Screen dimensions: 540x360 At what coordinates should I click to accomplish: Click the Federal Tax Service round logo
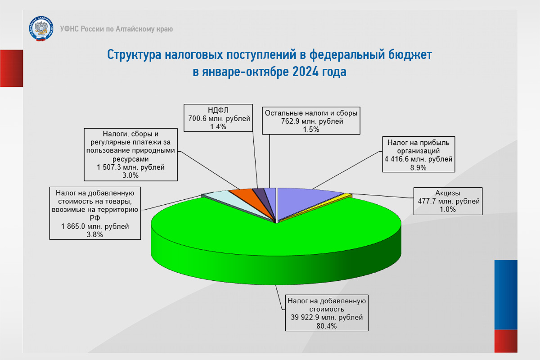tap(41, 28)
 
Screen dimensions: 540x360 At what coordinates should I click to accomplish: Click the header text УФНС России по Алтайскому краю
tap(117, 29)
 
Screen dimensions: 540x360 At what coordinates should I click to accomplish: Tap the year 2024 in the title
tap(306, 72)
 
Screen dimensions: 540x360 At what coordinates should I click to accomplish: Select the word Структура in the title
tap(134, 54)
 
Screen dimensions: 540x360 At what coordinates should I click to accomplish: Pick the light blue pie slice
tap(231, 202)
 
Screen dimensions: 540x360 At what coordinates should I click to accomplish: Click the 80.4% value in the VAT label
tap(326, 326)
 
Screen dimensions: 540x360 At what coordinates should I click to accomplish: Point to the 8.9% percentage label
tap(418, 167)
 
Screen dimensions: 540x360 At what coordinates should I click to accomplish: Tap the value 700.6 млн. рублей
tap(219, 119)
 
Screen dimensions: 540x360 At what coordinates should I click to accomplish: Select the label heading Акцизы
tap(448, 193)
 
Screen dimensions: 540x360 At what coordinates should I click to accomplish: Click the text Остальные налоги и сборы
tap(311, 113)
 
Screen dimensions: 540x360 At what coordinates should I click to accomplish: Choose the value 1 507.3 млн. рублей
tap(130, 167)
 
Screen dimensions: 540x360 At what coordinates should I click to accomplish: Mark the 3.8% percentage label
tap(95, 234)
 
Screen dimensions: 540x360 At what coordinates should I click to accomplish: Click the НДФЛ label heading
tap(218, 110)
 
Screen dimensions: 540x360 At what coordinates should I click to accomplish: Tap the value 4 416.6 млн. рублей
tap(418, 159)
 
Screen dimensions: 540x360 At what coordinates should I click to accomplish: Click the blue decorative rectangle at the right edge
tap(506, 295)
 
